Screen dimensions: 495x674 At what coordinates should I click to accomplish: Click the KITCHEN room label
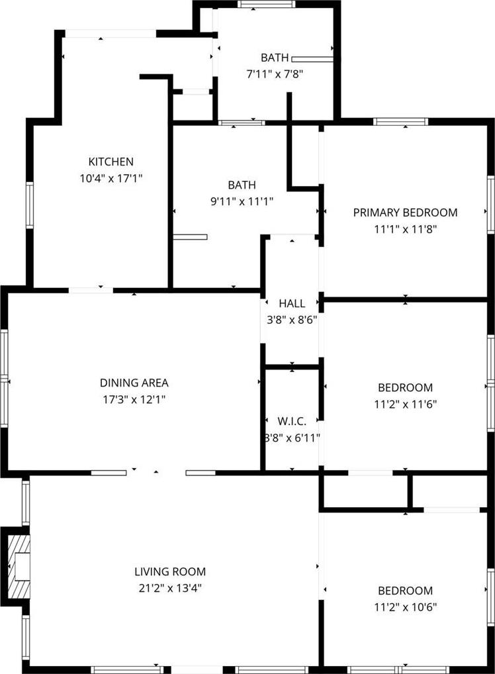[x=111, y=162]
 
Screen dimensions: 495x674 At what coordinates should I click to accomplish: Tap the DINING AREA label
[x=134, y=383]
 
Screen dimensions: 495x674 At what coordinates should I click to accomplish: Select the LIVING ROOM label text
[x=170, y=571]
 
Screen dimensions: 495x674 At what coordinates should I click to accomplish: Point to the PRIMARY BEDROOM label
[x=405, y=213]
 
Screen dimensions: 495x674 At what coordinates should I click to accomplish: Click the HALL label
[x=292, y=303]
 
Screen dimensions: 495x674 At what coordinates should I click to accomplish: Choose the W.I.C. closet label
[x=292, y=421]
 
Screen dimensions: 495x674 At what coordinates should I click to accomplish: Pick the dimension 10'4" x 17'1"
[x=111, y=178]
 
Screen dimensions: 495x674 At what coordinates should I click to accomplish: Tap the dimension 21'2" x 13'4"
[x=170, y=588]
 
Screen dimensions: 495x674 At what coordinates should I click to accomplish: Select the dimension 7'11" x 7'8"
[x=275, y=74]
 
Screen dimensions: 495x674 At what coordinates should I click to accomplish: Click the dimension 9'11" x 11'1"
[x=242, y=201]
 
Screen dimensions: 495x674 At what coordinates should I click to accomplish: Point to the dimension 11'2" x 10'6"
[x=405, y=607]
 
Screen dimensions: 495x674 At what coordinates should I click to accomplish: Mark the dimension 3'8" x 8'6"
[x=292, y=320]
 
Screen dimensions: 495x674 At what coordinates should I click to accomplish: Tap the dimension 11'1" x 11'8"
[x=405, y=228]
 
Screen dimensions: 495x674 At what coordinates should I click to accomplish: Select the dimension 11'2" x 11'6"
[x=405, y=404]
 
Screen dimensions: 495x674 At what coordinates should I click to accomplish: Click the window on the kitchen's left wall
[x=30, y=205]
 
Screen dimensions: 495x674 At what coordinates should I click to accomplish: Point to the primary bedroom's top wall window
[x=401, y=121]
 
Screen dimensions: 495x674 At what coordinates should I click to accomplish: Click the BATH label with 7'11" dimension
[x=275, y=58]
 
